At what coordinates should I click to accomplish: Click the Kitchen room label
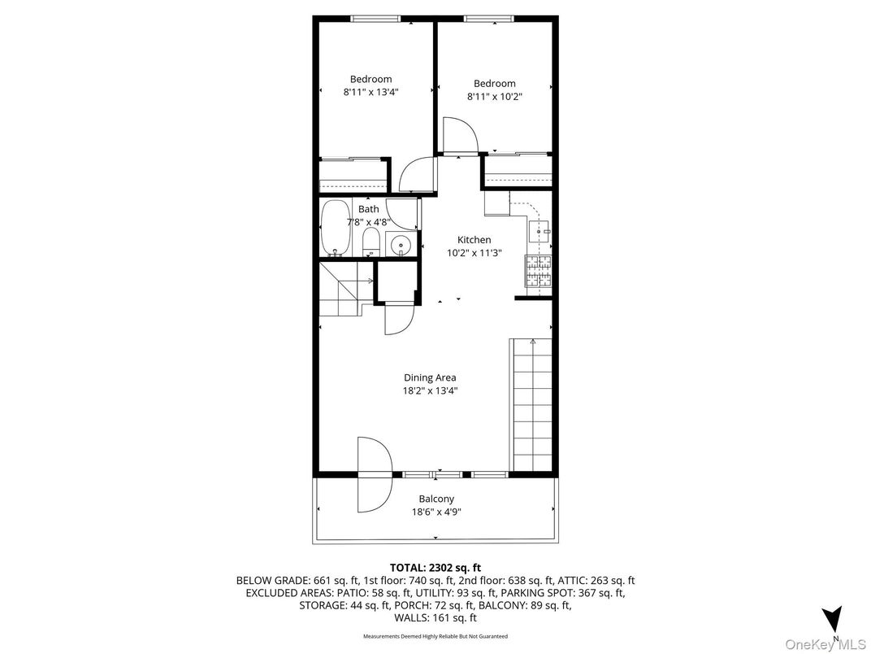[x=474, y=240]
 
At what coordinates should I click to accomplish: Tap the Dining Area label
[x=430, y=377]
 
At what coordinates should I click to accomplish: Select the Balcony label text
[x=436, y=499]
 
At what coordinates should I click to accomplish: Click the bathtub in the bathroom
[x=335, y=229]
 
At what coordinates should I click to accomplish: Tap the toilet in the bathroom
[x=370, y=242]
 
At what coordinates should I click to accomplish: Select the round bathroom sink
[x=401, y=244]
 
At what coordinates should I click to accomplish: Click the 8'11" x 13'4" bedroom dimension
[x=370, y=93]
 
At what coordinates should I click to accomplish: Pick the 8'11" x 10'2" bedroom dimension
[x=494, y=97]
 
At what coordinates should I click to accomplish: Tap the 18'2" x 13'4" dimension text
[x=430, y=390]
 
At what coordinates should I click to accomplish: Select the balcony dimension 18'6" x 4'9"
[x=436, y=512]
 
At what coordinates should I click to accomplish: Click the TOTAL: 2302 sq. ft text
[x=435, y=567]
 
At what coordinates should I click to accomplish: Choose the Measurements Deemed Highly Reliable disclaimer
[x=435, y=635]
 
